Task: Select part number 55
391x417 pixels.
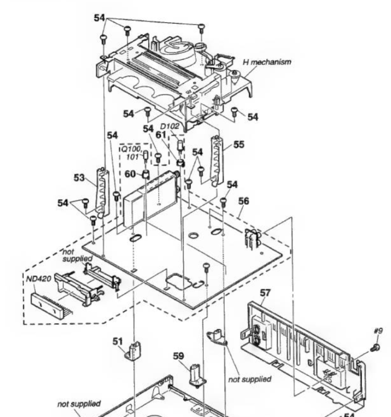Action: pyautogui.click(x=238, y=145)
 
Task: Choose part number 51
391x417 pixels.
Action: pyautogui.click(x=118, y=341)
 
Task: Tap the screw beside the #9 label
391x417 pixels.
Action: pyautogui.click(x=374, y=347)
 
